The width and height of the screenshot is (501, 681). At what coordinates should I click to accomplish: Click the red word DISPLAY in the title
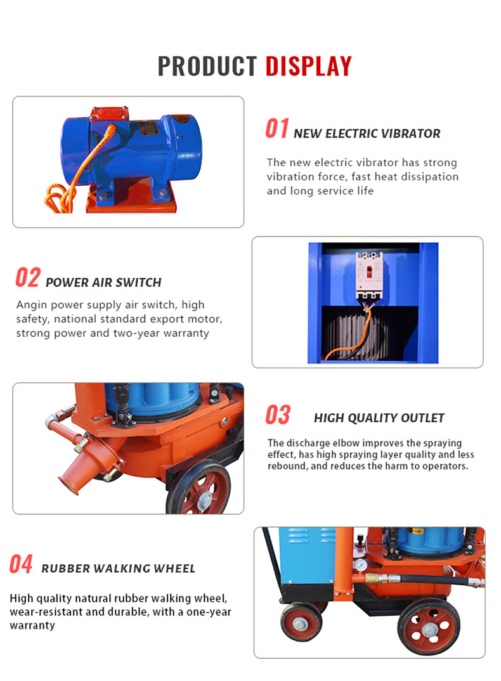pyautogui.click(x=308, y=66)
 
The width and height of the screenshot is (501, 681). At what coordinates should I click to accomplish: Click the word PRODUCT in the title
pyautogui.click(x=207, y=66)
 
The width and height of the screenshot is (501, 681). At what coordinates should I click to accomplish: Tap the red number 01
pyautogui.click(x=277, y=129)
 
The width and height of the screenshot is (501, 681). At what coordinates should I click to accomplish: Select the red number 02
pyautogui.click(x=28, y=278)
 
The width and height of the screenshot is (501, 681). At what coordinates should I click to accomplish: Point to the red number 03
pyautogui.click(x=278, y=415)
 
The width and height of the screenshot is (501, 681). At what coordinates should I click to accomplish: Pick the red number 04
pyautogui.click(x=21, y=564)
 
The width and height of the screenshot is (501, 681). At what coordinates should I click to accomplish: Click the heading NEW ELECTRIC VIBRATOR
pyautogui.click(x=367, y=133)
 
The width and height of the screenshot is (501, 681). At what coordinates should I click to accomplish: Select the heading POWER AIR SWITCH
pyautogui.click(x=103, y=283)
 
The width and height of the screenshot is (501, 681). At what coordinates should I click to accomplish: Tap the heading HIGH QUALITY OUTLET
pyautogui.click(x=379, y=418)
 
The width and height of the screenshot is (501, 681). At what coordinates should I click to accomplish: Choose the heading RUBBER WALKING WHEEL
pyautogui.click(x=118, y=569)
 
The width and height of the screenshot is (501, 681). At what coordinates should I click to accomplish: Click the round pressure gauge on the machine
pyautogui.click(x=360, y=565)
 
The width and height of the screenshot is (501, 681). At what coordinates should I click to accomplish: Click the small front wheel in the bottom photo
pyautogui.click(x=301, y=622)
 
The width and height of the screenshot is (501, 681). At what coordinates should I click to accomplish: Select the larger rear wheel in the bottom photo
pyautogui.click(x=429, y=627)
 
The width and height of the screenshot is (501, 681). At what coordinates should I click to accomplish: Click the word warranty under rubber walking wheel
pyautogui.click(x=32, y=625)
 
